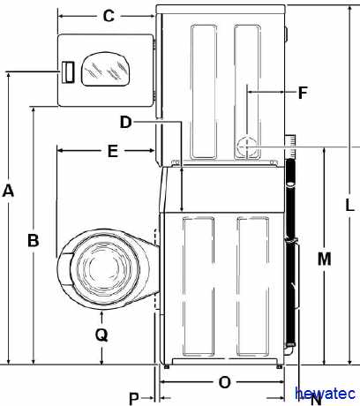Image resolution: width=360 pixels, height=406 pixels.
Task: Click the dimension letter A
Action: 8,191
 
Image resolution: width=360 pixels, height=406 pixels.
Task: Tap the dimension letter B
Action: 34,240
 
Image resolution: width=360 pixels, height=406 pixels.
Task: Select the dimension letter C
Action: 109,16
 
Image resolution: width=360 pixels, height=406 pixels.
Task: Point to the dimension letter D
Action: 125,122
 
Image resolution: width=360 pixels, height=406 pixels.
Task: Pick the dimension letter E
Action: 113,151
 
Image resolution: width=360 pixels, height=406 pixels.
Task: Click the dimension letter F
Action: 303,93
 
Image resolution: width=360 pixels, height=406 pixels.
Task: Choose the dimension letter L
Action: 349,205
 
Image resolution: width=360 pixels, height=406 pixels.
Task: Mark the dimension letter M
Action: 325,259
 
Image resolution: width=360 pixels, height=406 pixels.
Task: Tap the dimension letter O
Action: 225,382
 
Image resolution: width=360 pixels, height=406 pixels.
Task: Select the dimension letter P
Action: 134,399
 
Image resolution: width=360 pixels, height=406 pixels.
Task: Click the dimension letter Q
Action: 101,335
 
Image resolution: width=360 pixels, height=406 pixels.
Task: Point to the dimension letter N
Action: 316,400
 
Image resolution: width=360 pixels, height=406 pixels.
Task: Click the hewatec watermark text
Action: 326,394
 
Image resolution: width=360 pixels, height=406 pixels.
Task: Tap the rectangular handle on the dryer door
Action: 67,72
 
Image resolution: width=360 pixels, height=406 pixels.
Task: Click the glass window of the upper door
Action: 105,69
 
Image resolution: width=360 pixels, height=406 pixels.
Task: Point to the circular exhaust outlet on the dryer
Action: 247,147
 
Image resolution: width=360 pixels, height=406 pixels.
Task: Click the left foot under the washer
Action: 167,367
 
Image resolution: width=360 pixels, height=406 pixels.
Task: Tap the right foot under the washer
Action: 279,367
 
